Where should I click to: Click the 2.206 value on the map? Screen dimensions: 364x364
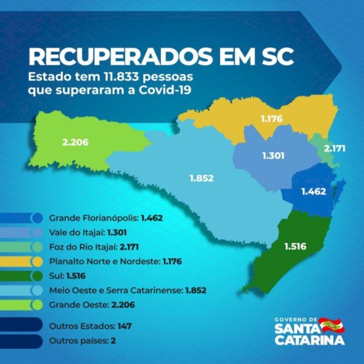point(75,143)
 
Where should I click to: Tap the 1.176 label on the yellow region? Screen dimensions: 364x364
point(272,119)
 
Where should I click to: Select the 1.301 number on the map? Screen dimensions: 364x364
point(273,156)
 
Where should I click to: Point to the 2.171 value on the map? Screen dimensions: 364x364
point(334,148)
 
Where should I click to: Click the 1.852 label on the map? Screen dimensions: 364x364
point(202,178)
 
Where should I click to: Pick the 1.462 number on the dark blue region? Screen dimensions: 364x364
point(313,192)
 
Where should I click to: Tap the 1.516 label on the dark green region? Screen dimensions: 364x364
point(295,246)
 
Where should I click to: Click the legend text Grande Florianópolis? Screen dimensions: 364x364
point(94,218)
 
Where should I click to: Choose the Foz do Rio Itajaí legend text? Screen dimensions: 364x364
point(84,247)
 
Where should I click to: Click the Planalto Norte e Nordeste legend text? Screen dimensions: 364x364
point(105,262)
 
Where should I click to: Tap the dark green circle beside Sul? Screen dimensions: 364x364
point(36,276)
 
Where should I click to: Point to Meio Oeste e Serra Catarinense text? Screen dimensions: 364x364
point(116,290)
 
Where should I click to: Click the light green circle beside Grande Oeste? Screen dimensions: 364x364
point(36,305)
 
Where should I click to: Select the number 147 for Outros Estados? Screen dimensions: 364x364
point(125,326)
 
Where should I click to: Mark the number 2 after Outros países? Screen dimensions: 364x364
point(113,340)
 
